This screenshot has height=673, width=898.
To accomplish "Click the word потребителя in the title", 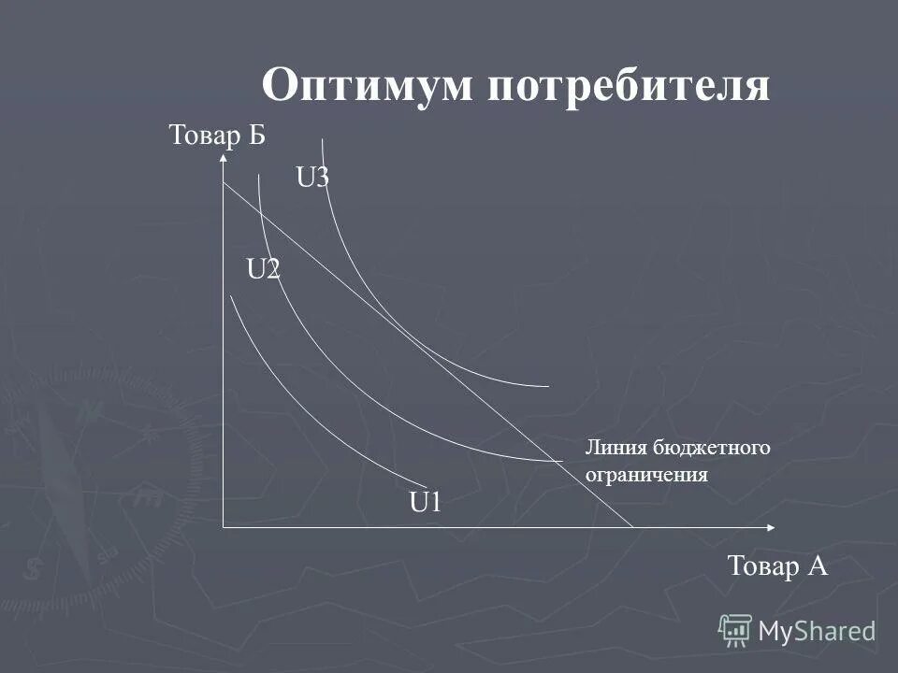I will point(628,87).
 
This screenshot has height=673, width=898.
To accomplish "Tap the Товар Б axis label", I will point(218,136).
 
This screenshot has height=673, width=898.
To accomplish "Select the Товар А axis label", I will point(777,566).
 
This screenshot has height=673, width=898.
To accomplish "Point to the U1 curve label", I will point(425,503).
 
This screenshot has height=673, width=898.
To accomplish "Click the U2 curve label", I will point(263,269).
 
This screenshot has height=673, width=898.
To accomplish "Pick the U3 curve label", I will point(312,178).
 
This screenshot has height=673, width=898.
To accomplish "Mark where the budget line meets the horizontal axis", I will point(634,528).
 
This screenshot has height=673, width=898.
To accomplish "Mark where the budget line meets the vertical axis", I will point(224,183).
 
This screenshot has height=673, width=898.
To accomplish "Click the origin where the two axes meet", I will point(224,528).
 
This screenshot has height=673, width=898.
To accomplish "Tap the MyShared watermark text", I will point(817,631).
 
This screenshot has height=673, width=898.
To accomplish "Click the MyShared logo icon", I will point(735,630).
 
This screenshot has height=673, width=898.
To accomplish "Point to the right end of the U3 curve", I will point(548,385).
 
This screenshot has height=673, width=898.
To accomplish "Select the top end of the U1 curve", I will point(231,296).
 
